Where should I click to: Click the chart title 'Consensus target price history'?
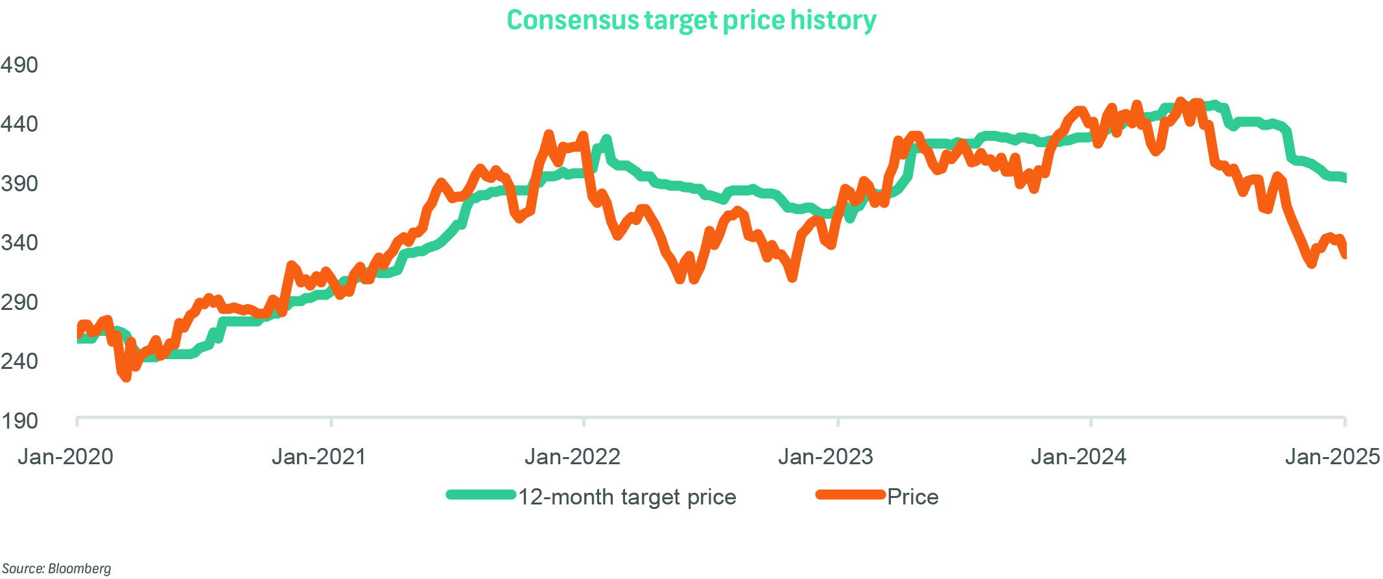pos(691,21)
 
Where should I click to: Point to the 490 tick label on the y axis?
pos(19,65)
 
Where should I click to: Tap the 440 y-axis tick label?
pos(19,124)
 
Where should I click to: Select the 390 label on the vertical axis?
pos(19,183)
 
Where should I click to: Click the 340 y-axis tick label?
pos(19,242)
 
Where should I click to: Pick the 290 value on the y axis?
pos(19,302)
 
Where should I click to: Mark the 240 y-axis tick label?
pos(19,361)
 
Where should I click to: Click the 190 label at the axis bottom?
pos(19,421)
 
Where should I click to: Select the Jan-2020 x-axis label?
pos(65,457)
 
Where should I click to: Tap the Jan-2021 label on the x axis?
pos(319,457)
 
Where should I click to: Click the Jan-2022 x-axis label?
pos(573,457)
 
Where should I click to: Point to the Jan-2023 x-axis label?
pos(825,457)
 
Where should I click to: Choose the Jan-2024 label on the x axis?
pos(1079,457)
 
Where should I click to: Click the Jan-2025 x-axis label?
pos(1332,457)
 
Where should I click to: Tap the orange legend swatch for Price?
pos(850,495)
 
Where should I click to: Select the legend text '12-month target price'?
pos(627,497)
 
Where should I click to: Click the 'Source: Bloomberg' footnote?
pos(56,569)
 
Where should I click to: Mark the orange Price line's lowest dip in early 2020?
pos(126,377)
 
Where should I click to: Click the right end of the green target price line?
pos(1344,178)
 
